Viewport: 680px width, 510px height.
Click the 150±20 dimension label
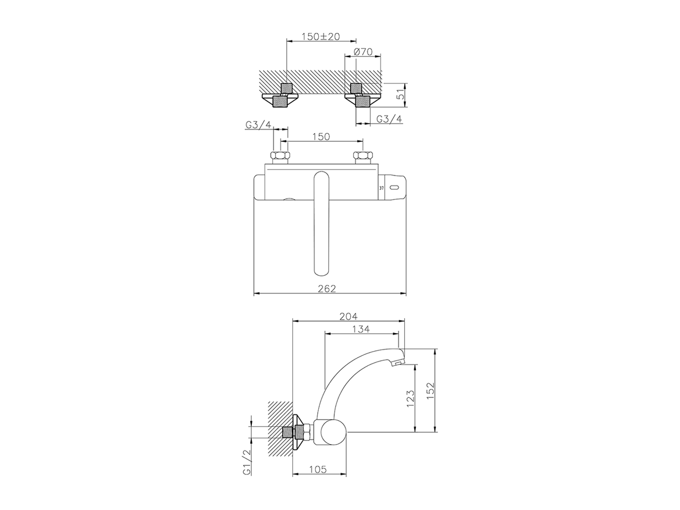tap(321, 37)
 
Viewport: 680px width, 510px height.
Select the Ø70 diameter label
tap(363, 52)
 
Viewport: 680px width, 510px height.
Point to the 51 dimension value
tap(401, 95)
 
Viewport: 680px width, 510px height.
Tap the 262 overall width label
tap(327, 288)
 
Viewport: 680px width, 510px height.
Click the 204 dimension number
tap(348, 316)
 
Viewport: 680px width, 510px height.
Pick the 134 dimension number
tap(361, 329)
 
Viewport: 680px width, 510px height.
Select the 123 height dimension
tap(410, 398)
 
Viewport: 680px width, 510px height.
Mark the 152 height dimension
tap(431, 391)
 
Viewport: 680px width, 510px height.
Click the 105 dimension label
tap(318, 470)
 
